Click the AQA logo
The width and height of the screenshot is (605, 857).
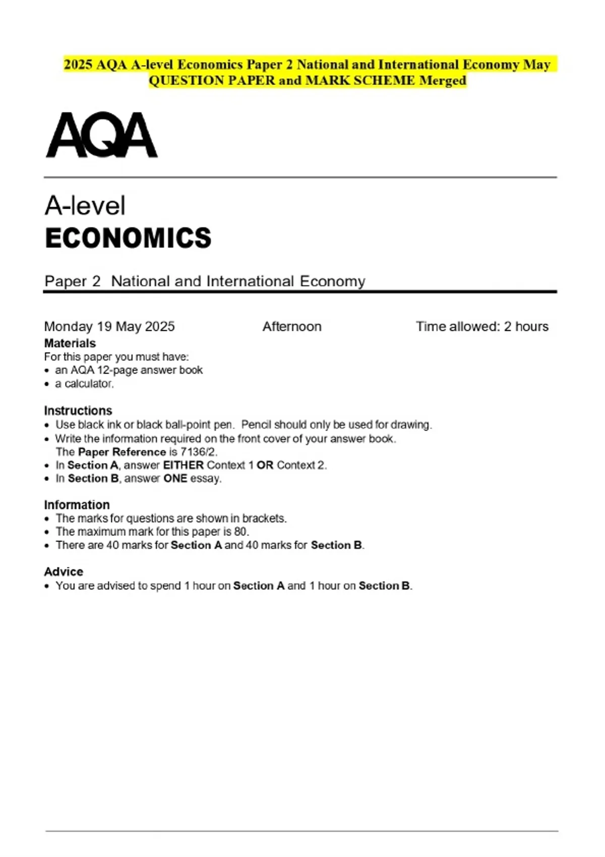101,135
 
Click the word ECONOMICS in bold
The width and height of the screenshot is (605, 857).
128,238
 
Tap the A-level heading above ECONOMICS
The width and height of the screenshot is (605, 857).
85,206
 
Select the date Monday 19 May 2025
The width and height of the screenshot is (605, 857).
109,327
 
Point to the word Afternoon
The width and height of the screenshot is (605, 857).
292,327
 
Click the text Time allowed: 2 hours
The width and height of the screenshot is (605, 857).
482,327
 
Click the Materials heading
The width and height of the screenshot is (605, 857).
70,343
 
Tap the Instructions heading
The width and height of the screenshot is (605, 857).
78,410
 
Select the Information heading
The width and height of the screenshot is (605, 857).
77,505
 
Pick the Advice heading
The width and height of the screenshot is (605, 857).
64,572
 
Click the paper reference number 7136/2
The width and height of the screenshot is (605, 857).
199,452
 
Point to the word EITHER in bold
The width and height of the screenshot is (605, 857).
184,465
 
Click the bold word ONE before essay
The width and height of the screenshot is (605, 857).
175,478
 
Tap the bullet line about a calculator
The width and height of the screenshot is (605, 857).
84,384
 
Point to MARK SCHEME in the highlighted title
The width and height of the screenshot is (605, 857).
360,81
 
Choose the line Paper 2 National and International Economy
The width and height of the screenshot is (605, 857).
205,281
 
